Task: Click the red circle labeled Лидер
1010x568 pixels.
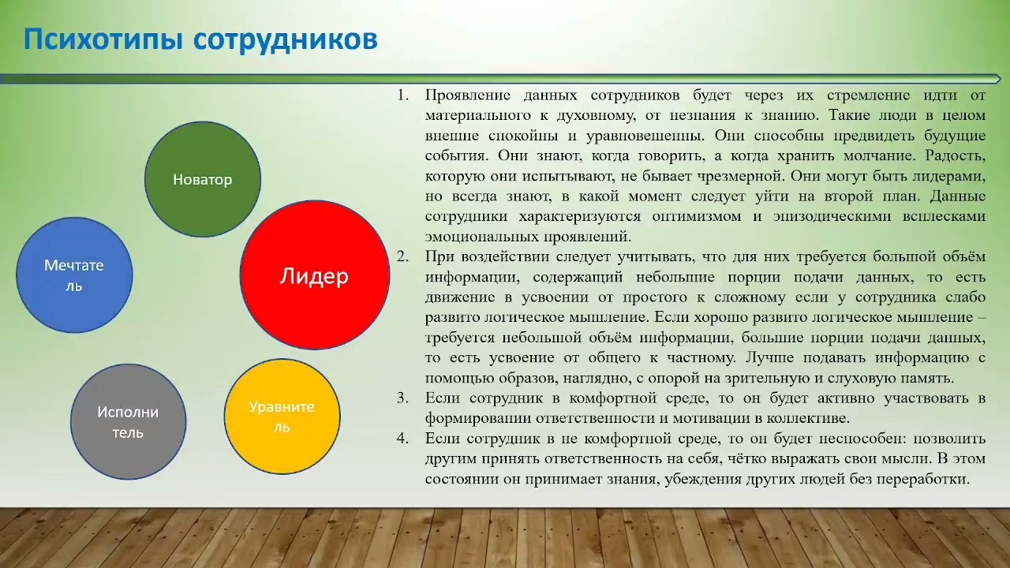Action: coord(314,276)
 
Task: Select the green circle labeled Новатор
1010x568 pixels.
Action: coord(203,180)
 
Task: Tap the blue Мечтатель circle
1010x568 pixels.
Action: coord(74,275)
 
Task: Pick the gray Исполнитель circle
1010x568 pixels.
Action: coord(129,422)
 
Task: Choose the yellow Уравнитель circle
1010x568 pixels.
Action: coord(282,417)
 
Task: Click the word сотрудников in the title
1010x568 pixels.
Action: coord(285,39)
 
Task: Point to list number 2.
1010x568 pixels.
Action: coord(402,257)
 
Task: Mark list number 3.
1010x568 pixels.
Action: coord(402,398)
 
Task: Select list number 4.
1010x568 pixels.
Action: coord(402,438)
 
